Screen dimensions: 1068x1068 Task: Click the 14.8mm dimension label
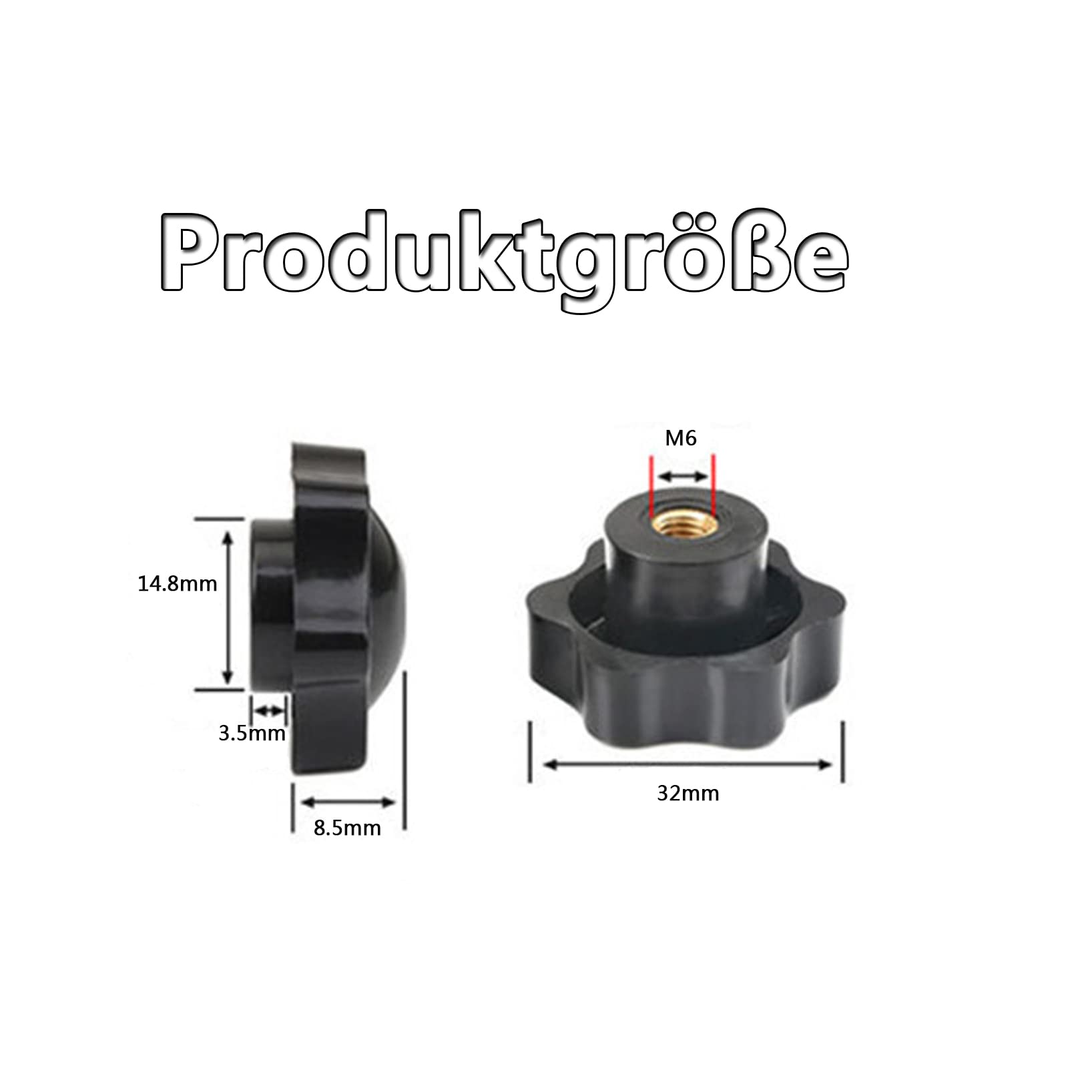pyautogui.click(x=178, y=584)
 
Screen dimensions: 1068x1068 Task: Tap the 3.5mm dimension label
pyautogui.click(x=252, y=734)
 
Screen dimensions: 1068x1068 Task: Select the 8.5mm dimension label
pyautogui.click(x=347, y=828)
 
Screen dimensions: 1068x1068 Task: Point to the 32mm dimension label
pyautogui.click(x=688, y=793)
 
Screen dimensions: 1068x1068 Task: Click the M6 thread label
pyautogui.click(x=681, y=438)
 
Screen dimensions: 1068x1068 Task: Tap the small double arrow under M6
pyautogui.click(x=682, y=477)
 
